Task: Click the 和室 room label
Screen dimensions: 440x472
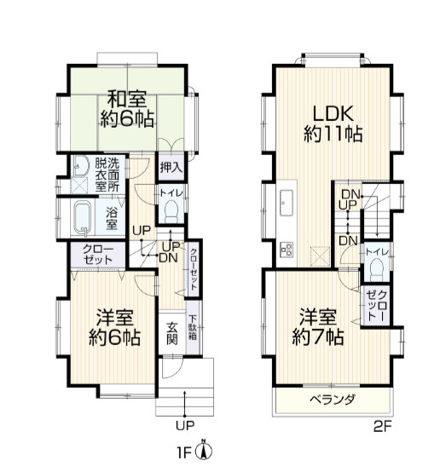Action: click(127, 99)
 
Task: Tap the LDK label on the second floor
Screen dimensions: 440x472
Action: click(333, 113)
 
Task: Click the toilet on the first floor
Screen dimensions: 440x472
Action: click(171, 210)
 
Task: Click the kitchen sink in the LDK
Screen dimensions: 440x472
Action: click(287, 203)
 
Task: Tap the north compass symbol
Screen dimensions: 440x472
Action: click(204, 450)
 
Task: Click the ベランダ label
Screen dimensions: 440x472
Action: click(333, 400)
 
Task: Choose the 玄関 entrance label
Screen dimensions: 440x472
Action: click(172, 333)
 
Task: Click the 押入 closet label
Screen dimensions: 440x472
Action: click(171, 167)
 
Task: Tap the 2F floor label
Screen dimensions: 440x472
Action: click(382, 426)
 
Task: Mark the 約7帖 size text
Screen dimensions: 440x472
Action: click(318, 337)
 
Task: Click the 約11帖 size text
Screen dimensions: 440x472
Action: click(333, 134)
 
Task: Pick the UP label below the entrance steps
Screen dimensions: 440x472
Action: click(185, 425)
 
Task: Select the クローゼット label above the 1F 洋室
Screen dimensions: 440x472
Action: click(98, 254)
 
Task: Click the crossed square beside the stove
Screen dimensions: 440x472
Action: click(321, 256)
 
